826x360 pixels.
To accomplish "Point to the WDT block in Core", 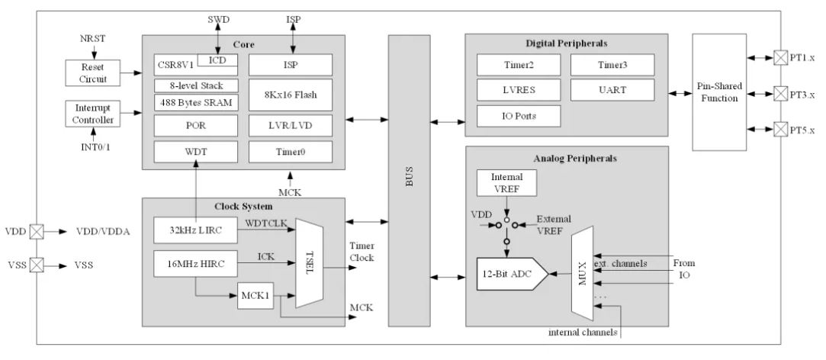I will click(195, 152).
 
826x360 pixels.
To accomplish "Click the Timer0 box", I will click(291, 152).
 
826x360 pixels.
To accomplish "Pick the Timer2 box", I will click(519, 64).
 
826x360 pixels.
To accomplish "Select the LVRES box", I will click(519, 90).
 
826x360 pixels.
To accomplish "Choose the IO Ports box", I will click(519, 116).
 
